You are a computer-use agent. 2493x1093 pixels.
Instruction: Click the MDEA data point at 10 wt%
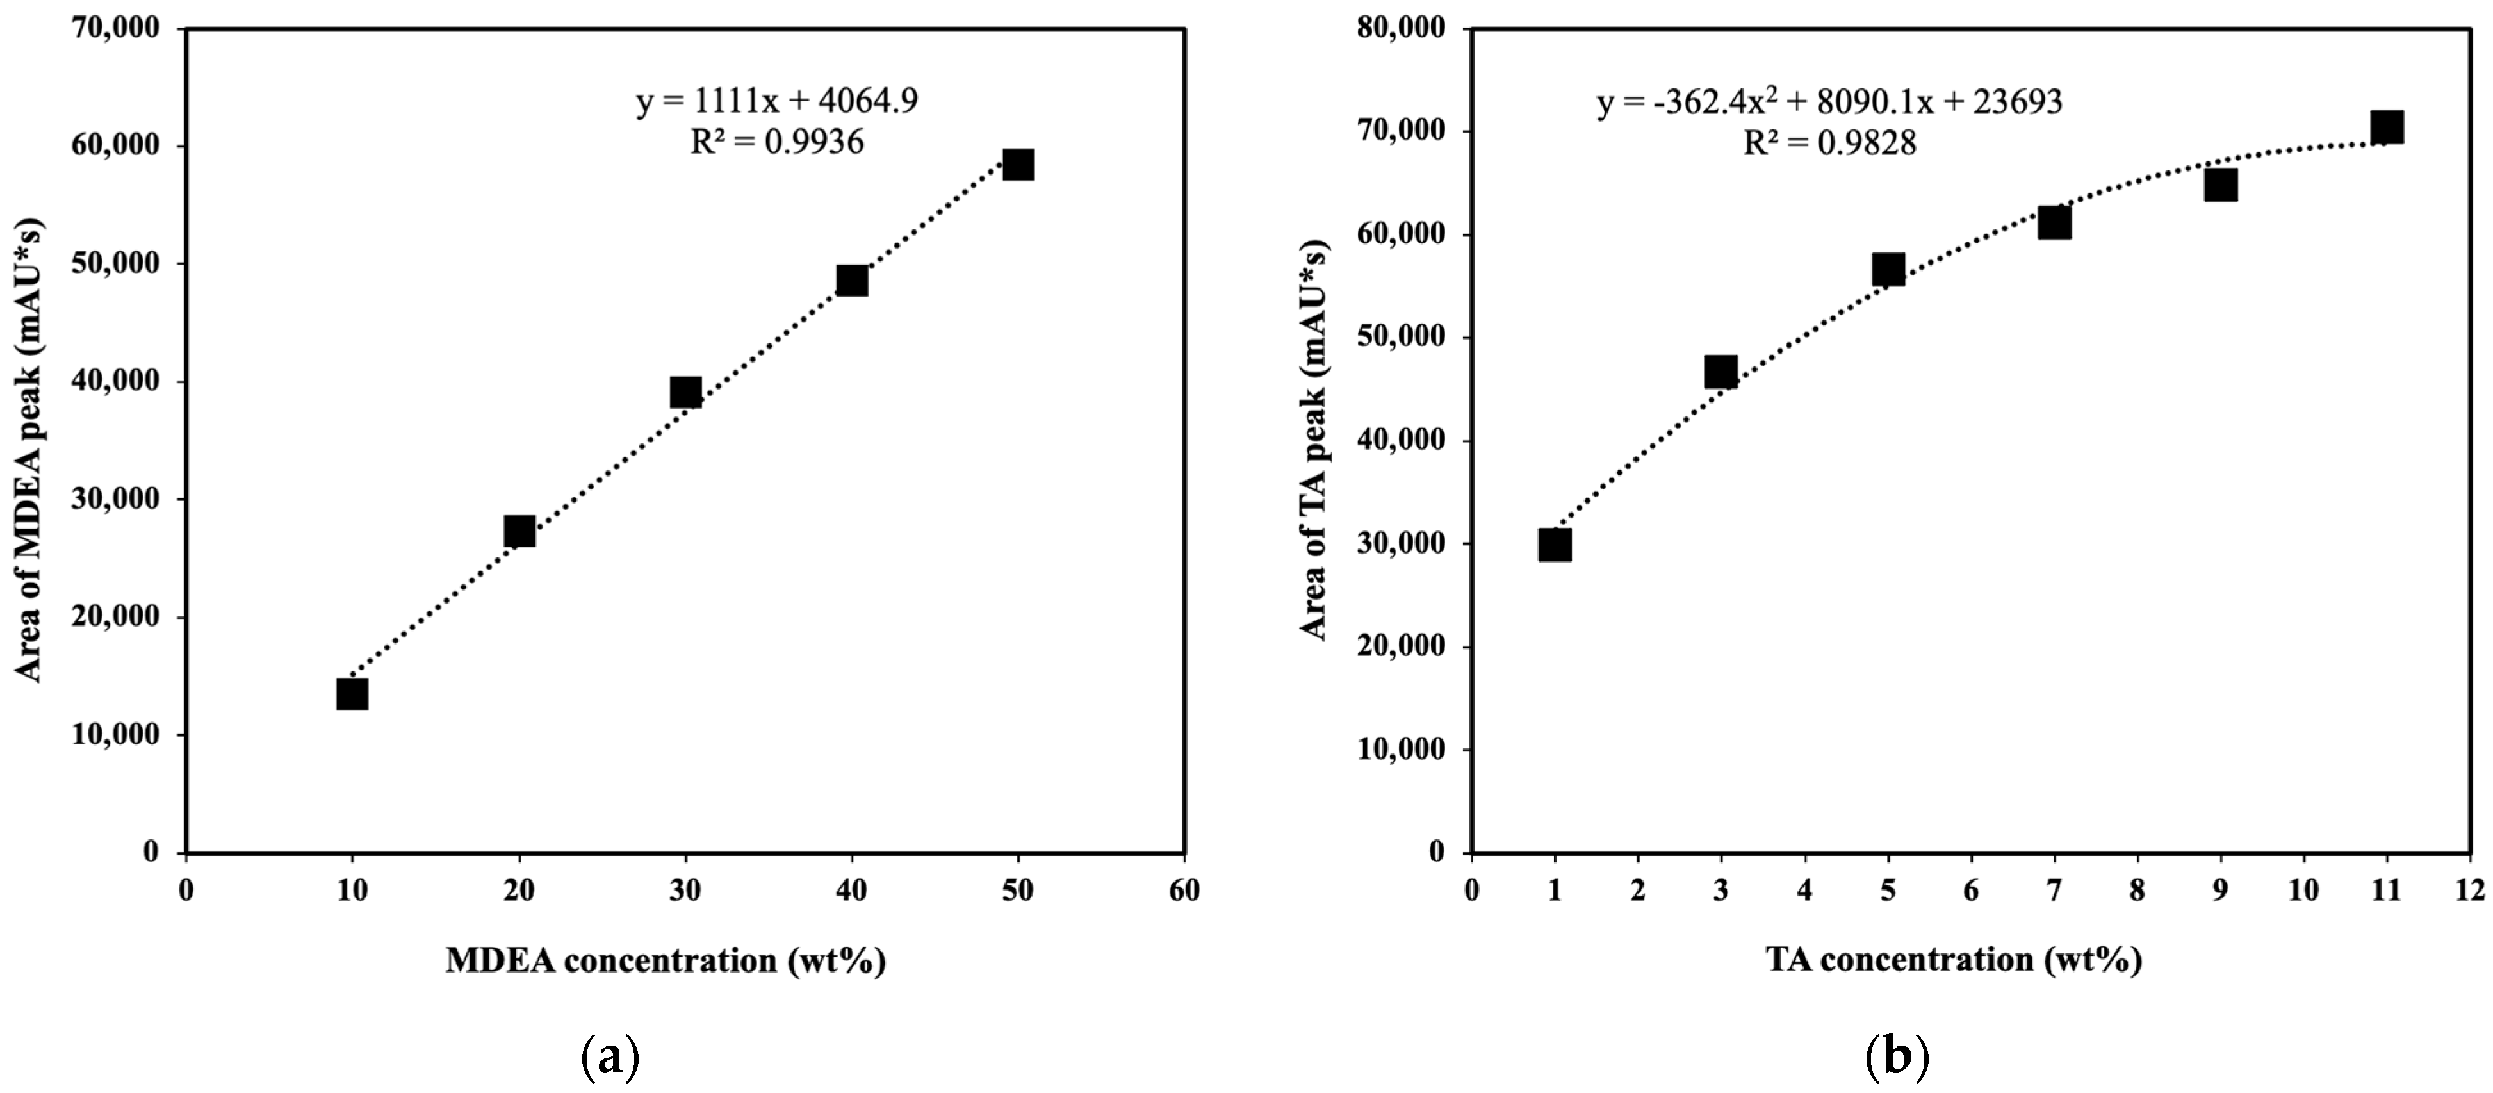[x=352, y=694]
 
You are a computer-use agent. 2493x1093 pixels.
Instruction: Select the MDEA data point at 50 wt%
[x=1018, y=165]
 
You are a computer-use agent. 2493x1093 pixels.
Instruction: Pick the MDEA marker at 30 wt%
[x=685, y=392]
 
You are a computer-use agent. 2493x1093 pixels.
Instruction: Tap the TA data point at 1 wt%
[x=1554, y=545]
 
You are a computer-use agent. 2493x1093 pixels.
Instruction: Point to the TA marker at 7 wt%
[x=2054, y=224]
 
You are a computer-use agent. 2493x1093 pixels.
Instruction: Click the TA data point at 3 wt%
[x=1721, y=372]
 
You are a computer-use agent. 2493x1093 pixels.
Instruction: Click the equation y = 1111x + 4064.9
[x=777, y=101]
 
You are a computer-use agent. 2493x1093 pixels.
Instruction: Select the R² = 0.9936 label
[x=777, y=142]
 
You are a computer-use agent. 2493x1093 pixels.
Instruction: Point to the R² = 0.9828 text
[x=1829, y=144]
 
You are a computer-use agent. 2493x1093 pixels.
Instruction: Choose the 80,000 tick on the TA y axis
[x=1400, y=29]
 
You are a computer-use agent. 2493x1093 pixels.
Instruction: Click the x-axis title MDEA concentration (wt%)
[x=666, y=960]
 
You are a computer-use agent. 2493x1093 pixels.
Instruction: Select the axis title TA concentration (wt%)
[x=1953, y=959]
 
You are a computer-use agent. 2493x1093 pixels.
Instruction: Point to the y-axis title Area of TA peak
[x=1314, y=441]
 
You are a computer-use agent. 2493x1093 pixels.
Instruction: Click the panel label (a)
[x=610, y=1059]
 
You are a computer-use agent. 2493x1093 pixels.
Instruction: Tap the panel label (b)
[x=1896, y=1059]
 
